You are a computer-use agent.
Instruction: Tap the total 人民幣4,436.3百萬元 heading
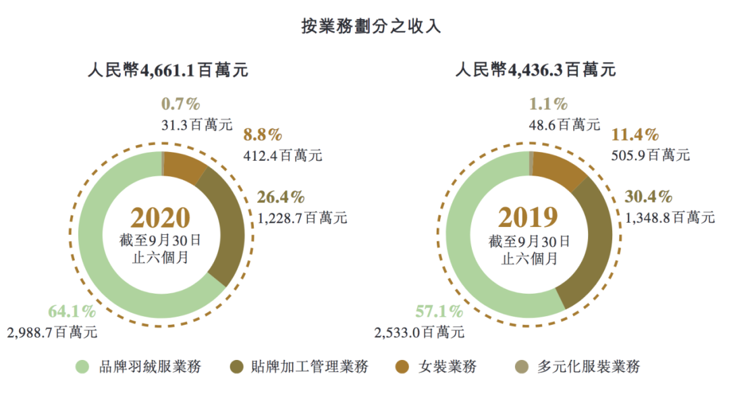[x=535, y=70]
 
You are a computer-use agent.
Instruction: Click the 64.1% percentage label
[x=72, y=312]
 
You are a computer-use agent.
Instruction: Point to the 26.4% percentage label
[x=281, y=197]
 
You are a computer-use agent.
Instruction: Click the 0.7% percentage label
[x=181, y=104]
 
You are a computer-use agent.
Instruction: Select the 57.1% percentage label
[x=439, y=312]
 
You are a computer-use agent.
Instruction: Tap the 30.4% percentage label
[x=649, y=197]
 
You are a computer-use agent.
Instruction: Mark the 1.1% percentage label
[x=548, y=104]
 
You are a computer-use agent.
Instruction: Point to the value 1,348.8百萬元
[x=670, y=217]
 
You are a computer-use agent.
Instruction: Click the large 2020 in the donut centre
[x=161, y=217]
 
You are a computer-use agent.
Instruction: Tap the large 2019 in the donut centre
[x=529, y=217]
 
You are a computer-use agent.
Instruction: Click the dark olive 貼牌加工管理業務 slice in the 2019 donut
[x=589, y=243]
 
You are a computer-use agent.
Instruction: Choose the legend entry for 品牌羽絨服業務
[x=138, y=367]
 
